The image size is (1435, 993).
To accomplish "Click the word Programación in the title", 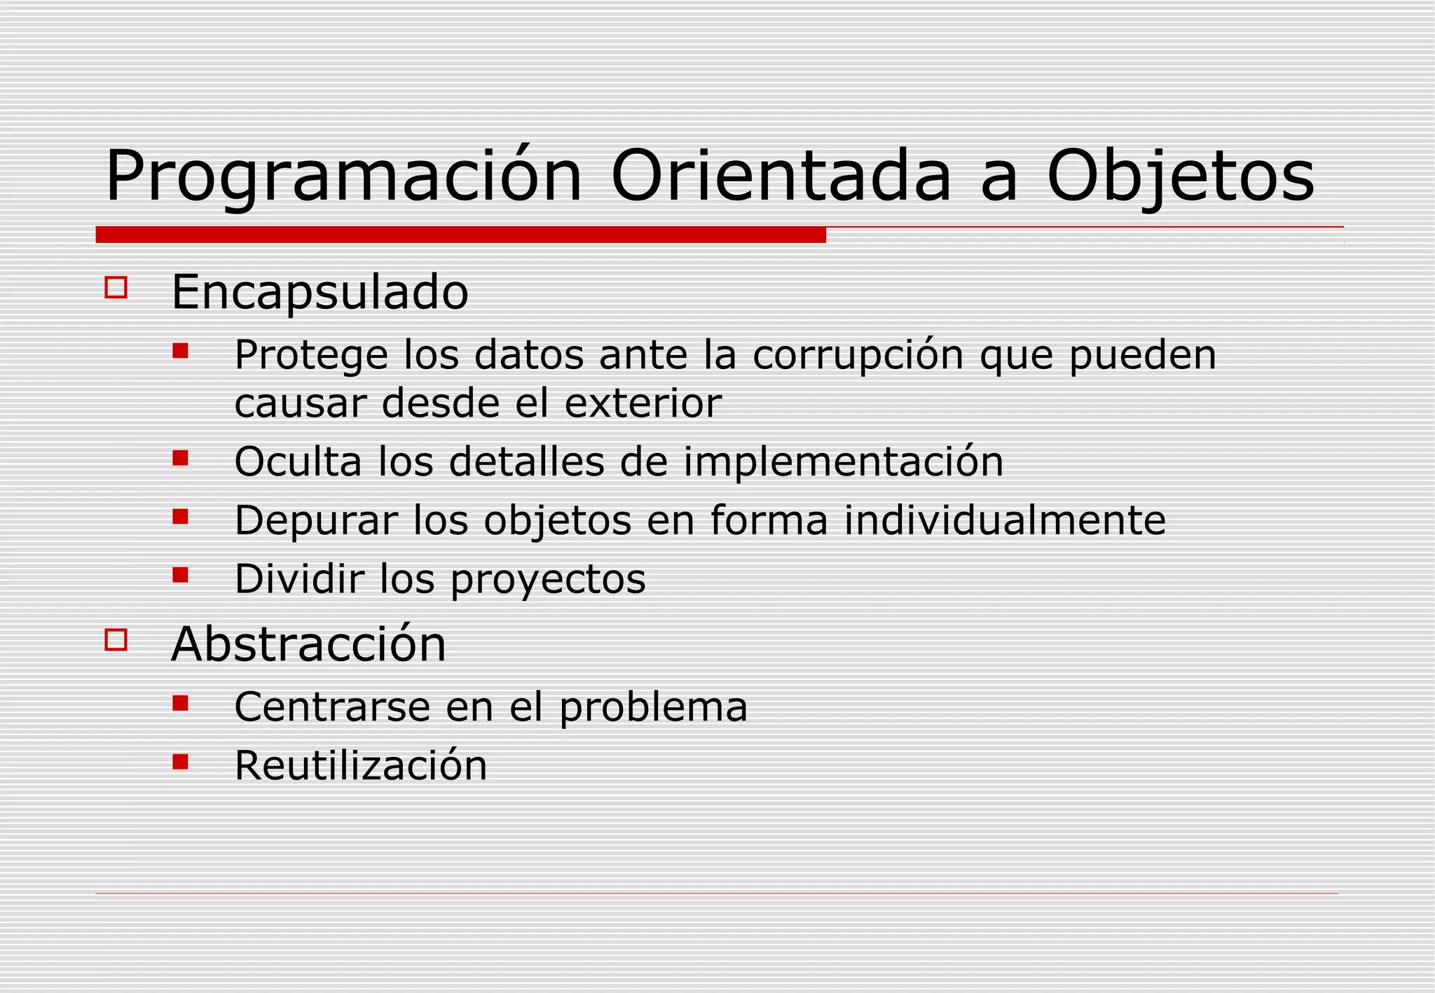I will point(343,176).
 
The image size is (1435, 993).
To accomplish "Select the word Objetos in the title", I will point(1180,176).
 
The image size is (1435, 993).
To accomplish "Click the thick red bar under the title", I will point(460,235).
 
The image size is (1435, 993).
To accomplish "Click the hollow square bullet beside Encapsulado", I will point(116,288).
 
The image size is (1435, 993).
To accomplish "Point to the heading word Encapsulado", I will point(320,292).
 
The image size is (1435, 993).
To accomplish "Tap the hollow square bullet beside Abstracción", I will point(116,639).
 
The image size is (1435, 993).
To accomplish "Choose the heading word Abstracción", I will point(308,644).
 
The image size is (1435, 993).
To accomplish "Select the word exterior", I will point(643,403).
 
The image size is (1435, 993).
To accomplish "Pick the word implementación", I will point(843,462).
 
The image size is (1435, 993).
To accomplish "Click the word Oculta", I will point(298,462).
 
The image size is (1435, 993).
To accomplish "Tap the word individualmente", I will point(1005,520).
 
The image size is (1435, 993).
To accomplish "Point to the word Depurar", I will point(315,522).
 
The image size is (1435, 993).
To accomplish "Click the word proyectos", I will point(548,580).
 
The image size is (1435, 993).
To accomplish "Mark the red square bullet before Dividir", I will point(181,575).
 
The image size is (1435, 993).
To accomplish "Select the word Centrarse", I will point(332,707).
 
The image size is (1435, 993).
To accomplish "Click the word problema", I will point(653,707).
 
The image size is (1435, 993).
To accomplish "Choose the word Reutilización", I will point(360,765).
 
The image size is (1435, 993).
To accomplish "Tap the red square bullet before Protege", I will point(181,350).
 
